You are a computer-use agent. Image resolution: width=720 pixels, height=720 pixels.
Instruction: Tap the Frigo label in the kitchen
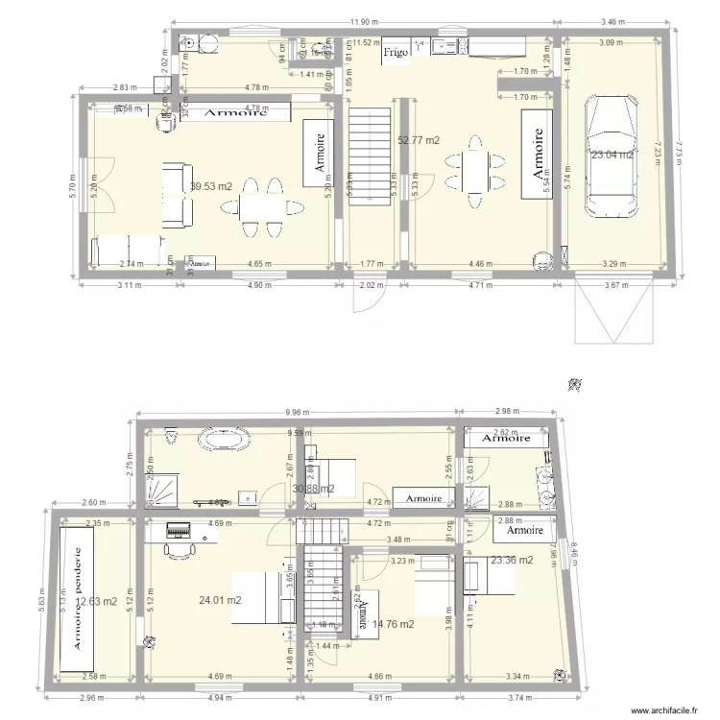tap(396, 53)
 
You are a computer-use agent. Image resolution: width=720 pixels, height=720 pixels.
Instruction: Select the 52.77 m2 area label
tap(419, 140)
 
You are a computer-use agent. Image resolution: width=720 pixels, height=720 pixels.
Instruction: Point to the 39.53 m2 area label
tap(211, 186)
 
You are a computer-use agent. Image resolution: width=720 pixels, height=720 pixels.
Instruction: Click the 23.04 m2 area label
tap(612, 155)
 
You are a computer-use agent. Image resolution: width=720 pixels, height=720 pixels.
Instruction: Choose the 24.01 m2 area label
tap(220, 601)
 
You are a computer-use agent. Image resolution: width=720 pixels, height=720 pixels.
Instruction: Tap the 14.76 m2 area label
tap(394, 624)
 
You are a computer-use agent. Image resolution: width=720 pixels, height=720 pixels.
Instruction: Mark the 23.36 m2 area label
tap(512, 561)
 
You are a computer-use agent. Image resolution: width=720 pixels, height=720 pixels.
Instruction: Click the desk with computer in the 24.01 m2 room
tap(180, 529)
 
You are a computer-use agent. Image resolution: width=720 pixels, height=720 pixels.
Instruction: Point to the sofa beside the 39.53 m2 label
tap(175, 196)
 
